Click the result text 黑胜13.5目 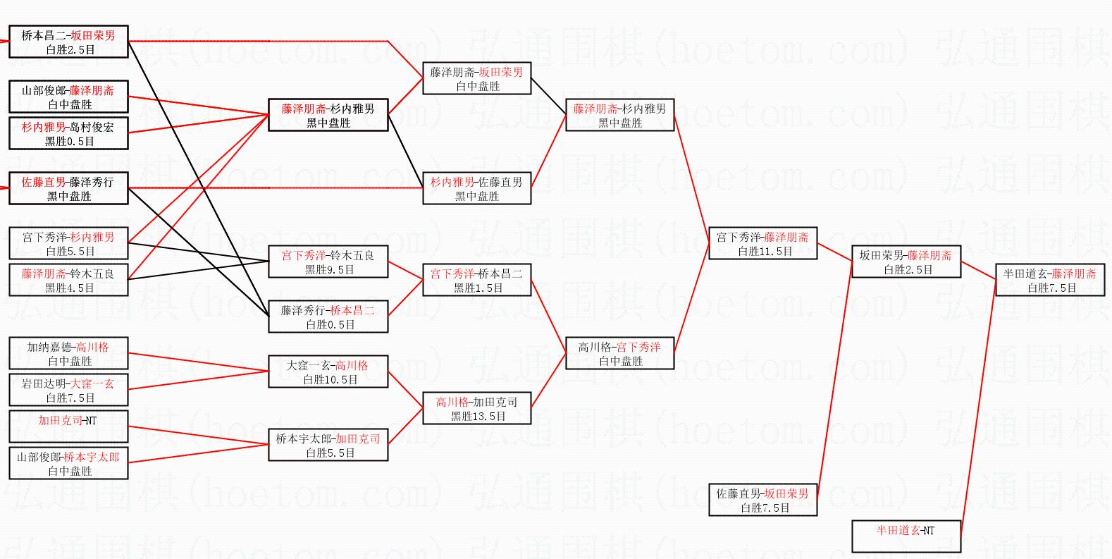[478, 416]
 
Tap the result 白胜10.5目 [330, 379]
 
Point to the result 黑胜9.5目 [329, 269]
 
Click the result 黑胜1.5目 [478, 288]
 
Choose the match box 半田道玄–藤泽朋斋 [1049, 280]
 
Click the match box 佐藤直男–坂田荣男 [762, 500]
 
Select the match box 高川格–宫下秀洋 [620, 353]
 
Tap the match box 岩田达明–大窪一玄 [69, 390]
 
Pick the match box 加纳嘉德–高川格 [69, 353]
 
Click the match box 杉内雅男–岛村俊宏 [69, 133]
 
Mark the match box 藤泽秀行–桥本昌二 [328, 317]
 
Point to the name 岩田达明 [44, 383]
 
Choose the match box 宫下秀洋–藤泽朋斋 [762, 243]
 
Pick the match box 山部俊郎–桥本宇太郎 [69, 463]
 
